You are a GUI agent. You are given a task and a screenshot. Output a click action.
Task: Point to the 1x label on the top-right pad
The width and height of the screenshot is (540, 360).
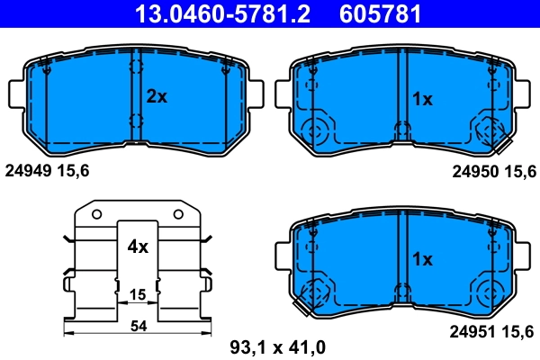pyautogui.click(x=422, y=99)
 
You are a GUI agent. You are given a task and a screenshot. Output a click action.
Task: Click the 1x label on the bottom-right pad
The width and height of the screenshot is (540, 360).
pyautogui.click(x=422, y=259)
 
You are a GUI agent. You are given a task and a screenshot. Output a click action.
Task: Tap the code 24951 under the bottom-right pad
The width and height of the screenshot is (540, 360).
pyautogui.click(x=472, y=332)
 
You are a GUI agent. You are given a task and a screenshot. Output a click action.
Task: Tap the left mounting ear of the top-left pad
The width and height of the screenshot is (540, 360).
pyautogui.click(x=15, y=94)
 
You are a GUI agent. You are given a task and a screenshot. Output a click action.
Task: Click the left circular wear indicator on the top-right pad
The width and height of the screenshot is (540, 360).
pyautogui.click(x=317, y=132)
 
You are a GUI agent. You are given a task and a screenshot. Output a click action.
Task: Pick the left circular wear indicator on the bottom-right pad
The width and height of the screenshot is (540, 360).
pyautogui.click(x=317, y=292)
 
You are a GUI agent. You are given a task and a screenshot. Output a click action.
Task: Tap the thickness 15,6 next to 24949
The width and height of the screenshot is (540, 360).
pyautogui.click(x=75, y=170)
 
